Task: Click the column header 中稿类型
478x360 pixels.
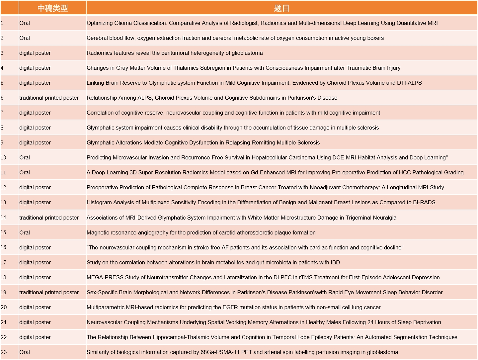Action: point(52,8)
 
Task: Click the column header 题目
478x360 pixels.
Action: point(281,8)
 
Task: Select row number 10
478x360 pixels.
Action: point(3,157)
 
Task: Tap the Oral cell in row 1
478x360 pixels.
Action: point(25,23)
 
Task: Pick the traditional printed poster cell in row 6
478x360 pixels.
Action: point(49,98)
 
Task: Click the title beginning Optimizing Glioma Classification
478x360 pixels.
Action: point(262,23)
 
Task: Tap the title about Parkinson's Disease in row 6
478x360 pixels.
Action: point(212,98)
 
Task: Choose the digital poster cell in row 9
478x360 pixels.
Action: point(35,142)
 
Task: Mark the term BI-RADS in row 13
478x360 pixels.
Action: point(424,202)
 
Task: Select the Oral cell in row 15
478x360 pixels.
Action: point(25,232)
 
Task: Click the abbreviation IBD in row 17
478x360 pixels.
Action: point(335,262)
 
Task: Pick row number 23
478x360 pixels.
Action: point(4,352)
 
